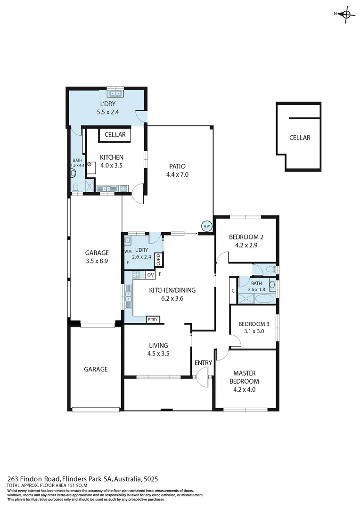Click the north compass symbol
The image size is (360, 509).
346,14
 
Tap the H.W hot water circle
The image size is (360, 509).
206,226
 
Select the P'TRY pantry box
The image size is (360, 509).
153,320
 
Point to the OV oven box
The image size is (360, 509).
151,274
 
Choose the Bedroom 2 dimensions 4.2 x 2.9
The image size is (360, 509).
245,245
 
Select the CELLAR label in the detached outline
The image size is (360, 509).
300,138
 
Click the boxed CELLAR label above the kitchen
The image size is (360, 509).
115,135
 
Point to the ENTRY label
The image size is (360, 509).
204,362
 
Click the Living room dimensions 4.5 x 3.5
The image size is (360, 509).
158,353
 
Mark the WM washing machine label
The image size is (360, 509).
128,252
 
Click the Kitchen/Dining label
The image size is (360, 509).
172,290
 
